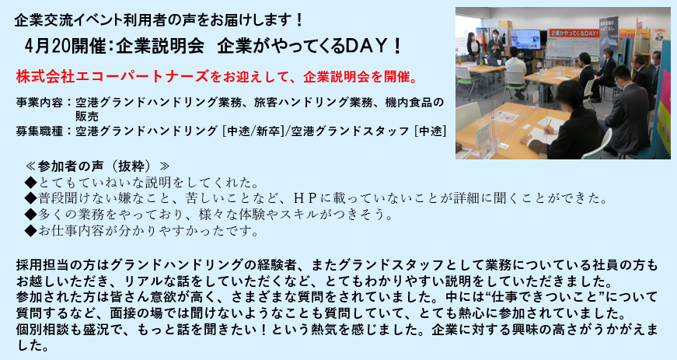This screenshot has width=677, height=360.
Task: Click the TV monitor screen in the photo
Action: (525, 38)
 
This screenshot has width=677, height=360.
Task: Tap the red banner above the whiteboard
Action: (574, 33)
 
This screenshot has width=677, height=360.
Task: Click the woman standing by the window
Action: (473, 47)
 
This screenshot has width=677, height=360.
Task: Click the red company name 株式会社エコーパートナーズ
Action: (112, 76)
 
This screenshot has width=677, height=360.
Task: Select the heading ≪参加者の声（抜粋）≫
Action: (98, 166)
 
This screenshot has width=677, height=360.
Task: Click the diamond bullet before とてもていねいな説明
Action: (31, 183)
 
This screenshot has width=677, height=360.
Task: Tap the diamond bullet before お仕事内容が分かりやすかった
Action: (31, 231)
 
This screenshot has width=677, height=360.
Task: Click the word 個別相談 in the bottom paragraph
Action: (47, 330)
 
